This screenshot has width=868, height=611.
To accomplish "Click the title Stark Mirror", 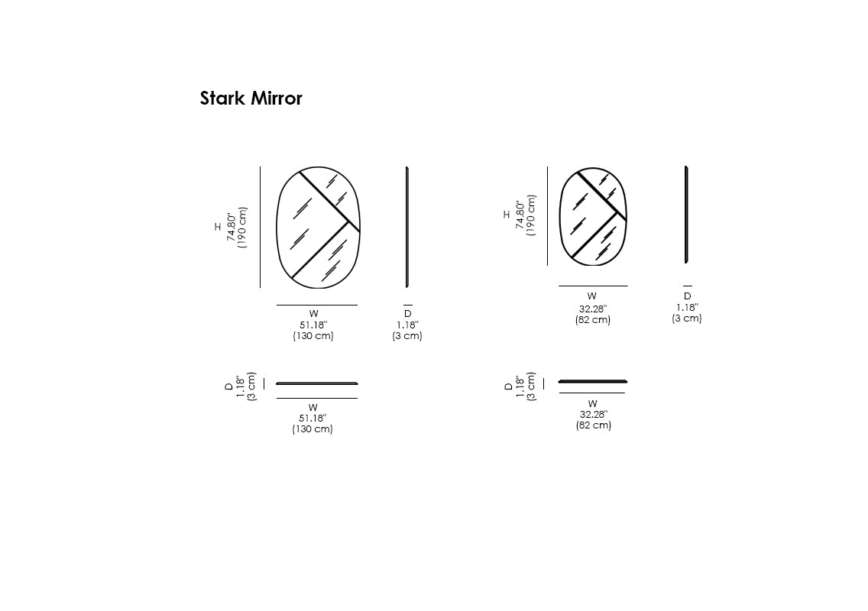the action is point(251,98).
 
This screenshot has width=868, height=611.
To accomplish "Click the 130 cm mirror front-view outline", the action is point(277,227).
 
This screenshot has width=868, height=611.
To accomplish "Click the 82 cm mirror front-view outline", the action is point(559,216).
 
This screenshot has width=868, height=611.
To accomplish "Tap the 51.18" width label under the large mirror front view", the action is point(313,325).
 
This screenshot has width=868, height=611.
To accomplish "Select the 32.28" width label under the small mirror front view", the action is point(593,309).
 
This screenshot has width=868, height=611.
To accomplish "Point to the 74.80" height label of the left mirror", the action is point(232,226).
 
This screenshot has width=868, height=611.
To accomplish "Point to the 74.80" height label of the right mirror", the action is point(520,215).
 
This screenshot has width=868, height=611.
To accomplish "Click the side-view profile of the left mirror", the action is point(406,227).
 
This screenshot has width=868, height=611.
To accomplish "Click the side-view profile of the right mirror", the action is point(686,214).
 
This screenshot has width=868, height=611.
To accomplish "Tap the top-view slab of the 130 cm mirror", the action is point(316,383).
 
